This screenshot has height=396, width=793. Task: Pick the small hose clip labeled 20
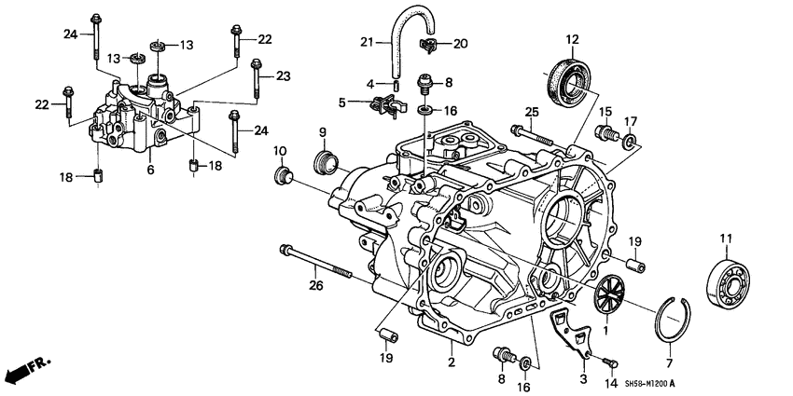(429, 44)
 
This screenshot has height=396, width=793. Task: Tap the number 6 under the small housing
(149, 171)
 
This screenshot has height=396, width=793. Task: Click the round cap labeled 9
(327, 161)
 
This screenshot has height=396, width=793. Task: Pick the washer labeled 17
(632, 142)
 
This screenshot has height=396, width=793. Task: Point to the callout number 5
(342, 102)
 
